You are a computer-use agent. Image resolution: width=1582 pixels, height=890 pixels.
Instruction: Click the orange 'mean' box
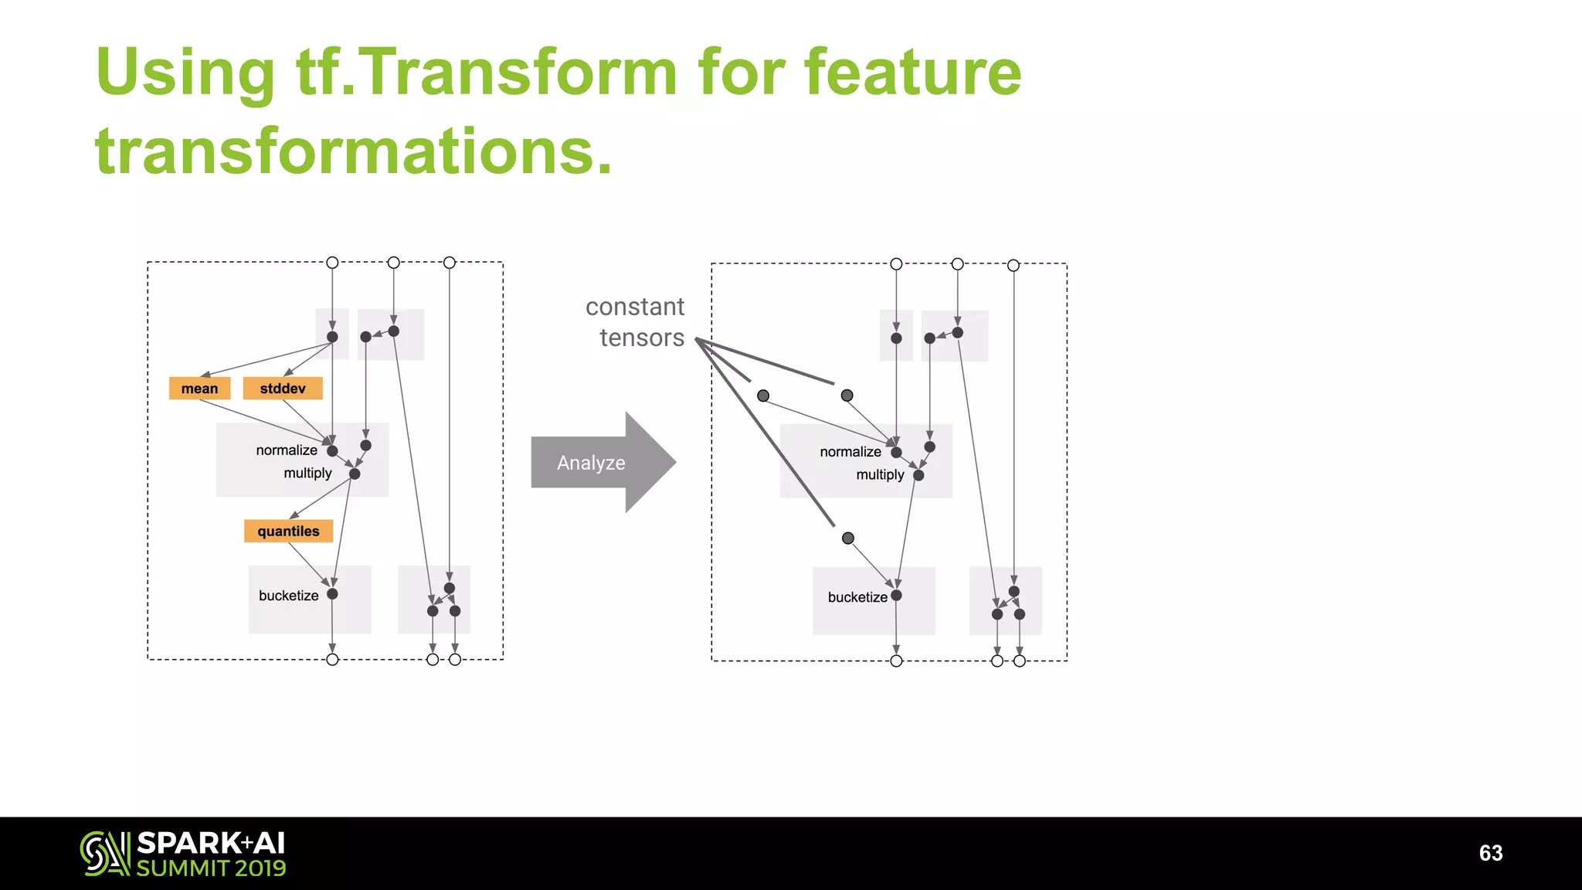tap(199, 388)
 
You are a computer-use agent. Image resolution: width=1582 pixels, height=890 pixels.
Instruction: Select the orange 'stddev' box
tap(282, 388)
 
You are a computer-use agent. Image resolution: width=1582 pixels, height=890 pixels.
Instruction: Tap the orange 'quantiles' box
tap(288, 531)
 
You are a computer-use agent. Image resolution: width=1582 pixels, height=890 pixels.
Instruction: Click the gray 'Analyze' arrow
tap(595, 462)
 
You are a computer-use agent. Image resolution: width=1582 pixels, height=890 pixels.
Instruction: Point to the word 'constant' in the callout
tap(634, 307)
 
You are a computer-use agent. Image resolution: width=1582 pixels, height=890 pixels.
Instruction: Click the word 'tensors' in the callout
tap(641, 338)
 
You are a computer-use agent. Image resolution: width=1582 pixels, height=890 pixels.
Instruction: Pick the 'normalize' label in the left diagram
tap(287, 450)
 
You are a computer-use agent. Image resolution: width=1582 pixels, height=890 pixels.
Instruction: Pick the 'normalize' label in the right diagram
tap(850, 451)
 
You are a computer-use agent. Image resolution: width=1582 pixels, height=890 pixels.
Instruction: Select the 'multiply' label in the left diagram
tap(307, 473)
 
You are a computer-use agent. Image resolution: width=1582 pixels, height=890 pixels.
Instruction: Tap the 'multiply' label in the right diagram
tap(879, 474)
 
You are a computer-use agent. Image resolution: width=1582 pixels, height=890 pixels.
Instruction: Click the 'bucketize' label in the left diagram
tap(288, 595)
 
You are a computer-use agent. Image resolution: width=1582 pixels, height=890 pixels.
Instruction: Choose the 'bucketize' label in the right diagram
tap(857, 596)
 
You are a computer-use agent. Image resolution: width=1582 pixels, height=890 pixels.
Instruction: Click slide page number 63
tap(1490, 852)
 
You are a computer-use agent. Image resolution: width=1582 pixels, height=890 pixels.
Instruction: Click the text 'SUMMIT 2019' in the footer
tap(211, 868)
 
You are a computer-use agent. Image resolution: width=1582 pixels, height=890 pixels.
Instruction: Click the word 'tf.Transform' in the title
tap(487, 72)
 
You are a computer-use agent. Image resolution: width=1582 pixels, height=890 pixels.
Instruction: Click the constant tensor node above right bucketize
tap(847, 538)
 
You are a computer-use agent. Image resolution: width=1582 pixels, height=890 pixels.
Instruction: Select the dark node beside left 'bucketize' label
tap(332, 594)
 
